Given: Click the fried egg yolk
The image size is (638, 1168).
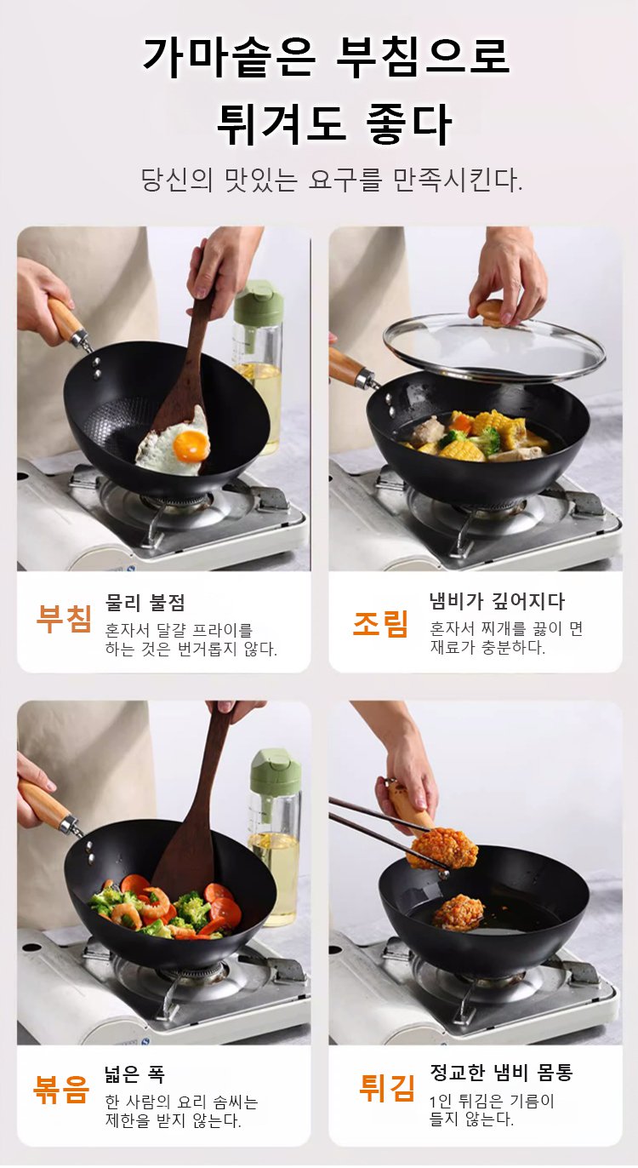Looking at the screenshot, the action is (191, 446).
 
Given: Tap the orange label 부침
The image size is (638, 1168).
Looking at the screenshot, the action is (64, 619).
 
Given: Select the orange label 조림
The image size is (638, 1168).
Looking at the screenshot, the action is (380, 623).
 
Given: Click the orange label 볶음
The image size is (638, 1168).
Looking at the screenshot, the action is (61, 1091).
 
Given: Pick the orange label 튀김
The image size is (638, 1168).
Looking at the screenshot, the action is (387, 1088).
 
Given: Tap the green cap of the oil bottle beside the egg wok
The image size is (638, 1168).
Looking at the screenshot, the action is (258, 303).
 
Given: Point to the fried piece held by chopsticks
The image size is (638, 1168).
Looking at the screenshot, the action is (444, 847).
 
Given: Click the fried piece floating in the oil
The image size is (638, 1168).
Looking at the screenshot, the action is (459, 912).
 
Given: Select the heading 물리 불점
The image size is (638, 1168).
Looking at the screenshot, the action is (145, 602).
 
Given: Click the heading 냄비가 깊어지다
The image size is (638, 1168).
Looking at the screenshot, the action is (497, 601).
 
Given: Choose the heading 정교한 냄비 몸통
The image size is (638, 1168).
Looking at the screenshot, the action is (501, 1072).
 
